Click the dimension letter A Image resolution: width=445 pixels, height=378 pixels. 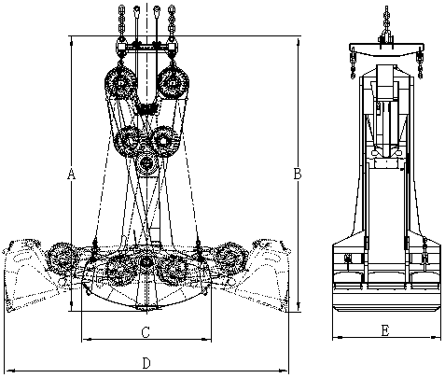72,174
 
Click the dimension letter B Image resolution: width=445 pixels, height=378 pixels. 298,174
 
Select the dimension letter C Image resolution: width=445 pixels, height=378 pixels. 146,332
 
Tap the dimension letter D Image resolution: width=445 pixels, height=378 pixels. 146,363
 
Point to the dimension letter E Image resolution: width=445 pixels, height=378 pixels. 385,330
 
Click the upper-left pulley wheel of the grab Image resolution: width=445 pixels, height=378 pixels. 121,82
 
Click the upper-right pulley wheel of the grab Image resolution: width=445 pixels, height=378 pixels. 173,82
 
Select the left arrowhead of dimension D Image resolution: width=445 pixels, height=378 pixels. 11,371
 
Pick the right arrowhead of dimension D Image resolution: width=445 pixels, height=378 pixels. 284,371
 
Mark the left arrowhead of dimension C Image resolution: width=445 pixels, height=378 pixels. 88,339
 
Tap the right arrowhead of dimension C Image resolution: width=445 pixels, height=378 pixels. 206,339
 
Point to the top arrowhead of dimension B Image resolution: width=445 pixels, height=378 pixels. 299,42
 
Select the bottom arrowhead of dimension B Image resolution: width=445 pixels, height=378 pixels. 299,305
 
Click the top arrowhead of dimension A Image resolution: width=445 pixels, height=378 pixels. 72,41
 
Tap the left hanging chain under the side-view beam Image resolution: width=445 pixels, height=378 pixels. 354,66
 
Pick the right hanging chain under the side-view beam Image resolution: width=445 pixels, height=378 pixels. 420,66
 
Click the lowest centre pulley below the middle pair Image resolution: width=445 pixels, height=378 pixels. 146,163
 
